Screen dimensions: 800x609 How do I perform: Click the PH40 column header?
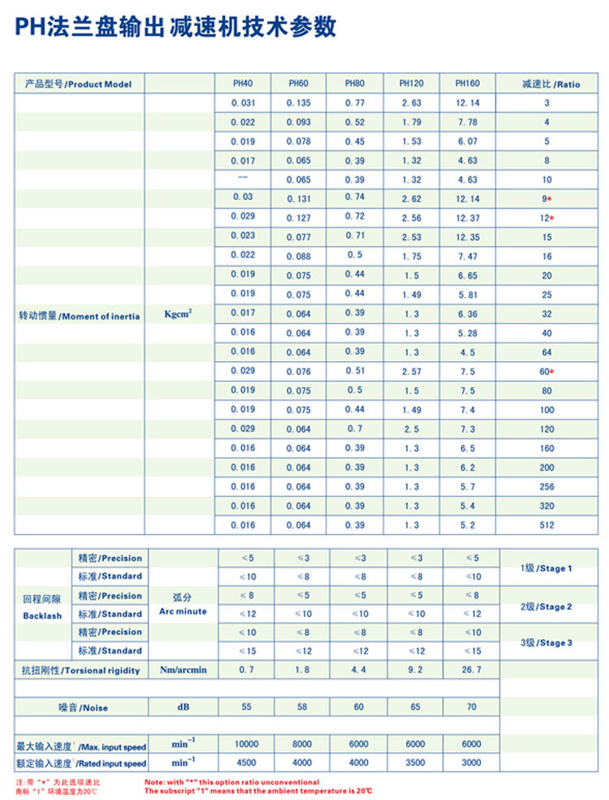pyautogui.click(x=242, y=84)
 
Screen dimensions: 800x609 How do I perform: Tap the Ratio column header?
pyautogui.click(x=551, y=84)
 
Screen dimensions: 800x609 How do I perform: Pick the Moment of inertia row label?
pyautogui.click(x=79, y=316)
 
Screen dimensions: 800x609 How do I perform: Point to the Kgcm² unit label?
pyautogui.click(x=178, y=313)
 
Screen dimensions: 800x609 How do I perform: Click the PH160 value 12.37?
pyautogui.click(x=468, y=218)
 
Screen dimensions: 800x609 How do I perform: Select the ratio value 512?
pyautogui.click(x=547, y=525)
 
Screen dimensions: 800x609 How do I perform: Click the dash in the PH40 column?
pyautogui.click(x=242, y=178)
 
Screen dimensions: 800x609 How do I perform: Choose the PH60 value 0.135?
pyautogui.click(x=299, y=102)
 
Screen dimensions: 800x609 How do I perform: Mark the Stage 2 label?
pyautogui.click(x=546, y=607)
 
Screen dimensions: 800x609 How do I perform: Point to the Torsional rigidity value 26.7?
pyautogui.click(x=471, y=670)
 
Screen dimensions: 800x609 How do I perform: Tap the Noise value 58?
pyautogui.click(x=302, y=707)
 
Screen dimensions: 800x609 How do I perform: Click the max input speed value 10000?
pyautogui.click(x=246, y=744)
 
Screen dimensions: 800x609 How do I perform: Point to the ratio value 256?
pyautogui.click(x=547, y=487)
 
